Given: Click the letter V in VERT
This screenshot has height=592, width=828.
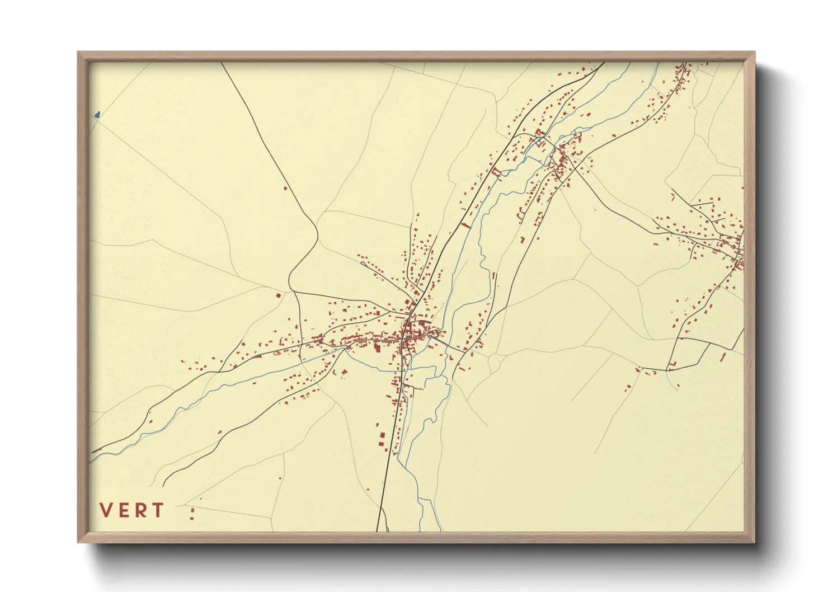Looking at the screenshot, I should coord(105,510).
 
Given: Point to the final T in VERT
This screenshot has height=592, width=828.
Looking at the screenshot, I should coord(158,510).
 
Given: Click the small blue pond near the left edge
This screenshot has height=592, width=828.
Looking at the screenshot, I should coord(97,115).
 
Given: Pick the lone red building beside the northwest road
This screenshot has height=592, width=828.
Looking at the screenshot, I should coord(285,189).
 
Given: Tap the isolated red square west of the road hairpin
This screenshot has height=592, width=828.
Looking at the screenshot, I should coord(278,295).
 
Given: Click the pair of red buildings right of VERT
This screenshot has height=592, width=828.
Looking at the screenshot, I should coord(192,514).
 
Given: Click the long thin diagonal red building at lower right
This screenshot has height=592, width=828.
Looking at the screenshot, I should coord(722,356).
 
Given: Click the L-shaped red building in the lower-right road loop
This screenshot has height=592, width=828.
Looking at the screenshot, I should coord(672,365).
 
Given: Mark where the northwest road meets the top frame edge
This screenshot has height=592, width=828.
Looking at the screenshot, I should coord(222,63).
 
